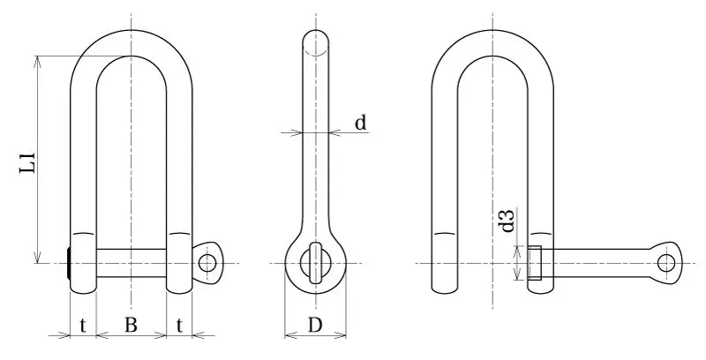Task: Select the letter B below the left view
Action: tap(130, 325)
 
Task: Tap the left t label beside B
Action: tap(82, 325)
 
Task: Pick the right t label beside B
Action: tap(179, 325)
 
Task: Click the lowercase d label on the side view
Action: tap(360, 123)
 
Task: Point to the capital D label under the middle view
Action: tap(314, 325)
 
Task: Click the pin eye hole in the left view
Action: tap(207, 262)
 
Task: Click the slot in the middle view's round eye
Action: tap(315, 263)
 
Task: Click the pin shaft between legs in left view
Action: tap(131, 263)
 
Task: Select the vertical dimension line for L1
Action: tap(37, 159)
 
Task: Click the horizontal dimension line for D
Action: tap(315, 335)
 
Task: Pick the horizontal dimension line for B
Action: tap(131, 335)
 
